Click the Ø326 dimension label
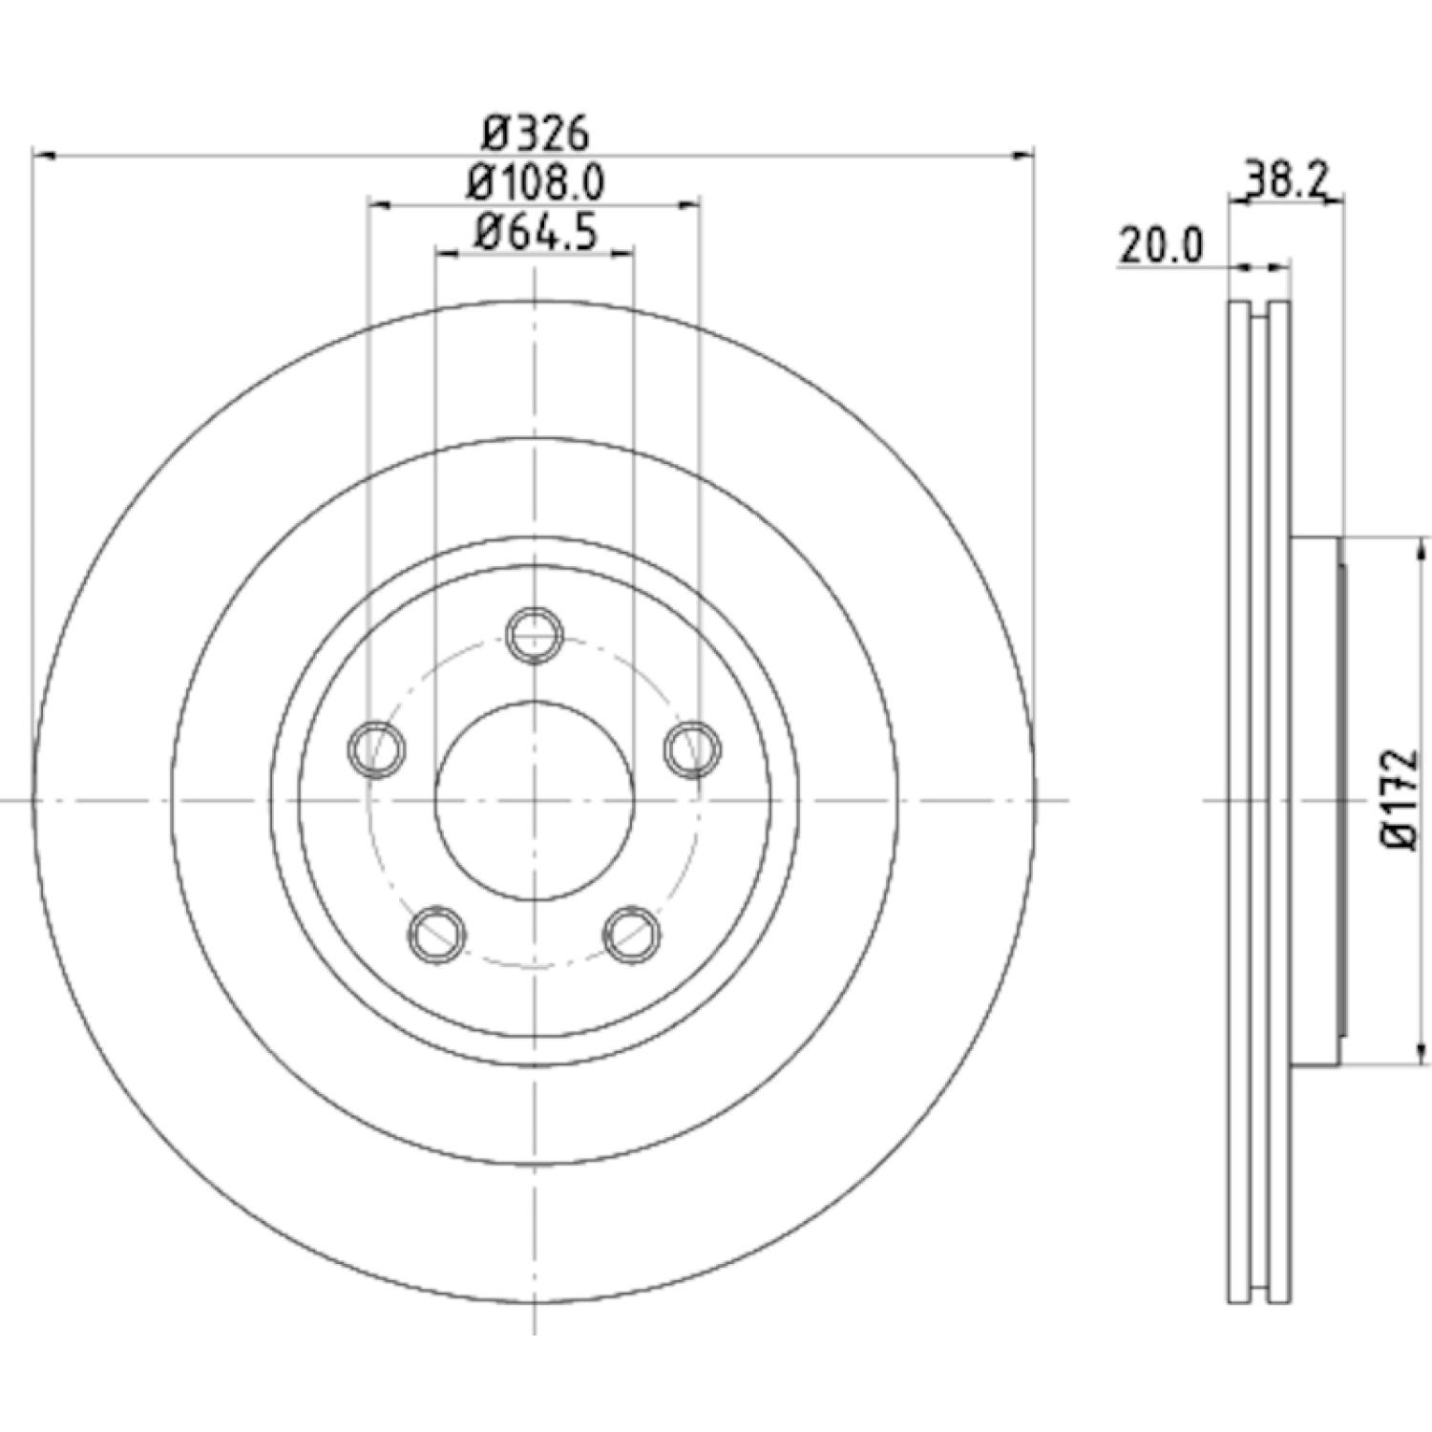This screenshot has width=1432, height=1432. point(535,134)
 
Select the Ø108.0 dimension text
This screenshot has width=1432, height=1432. point(536,182)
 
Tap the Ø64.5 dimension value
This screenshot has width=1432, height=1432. point(536,232)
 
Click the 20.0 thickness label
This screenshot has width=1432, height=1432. point(1161,246)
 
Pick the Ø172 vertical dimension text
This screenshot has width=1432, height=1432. point(1400,800)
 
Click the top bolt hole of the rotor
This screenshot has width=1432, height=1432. point(535,633)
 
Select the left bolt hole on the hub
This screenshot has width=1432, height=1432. point(376,748)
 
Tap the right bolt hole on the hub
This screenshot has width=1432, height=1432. point(692,748)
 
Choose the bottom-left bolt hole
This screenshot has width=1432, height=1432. point(437,934)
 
